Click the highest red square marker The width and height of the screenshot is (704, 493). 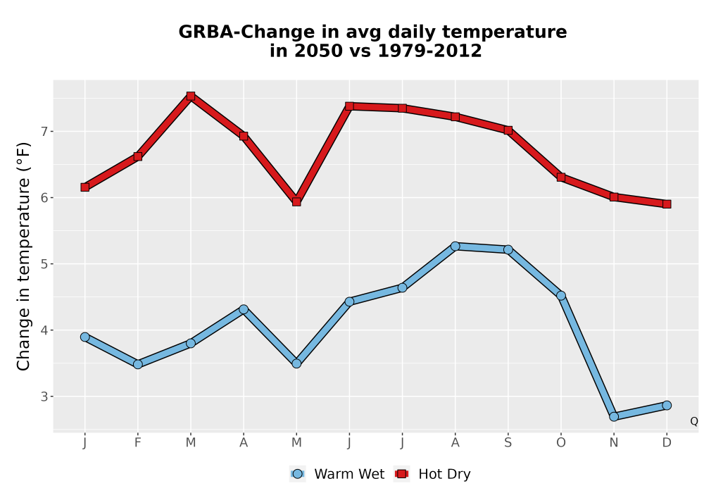tap(190, 96)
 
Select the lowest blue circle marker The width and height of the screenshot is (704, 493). tap(614, 417)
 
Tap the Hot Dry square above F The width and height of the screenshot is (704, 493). tap(138, 156)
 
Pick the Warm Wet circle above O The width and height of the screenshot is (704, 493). tap(561, 295)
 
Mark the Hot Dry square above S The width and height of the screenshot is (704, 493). tap(508, 130)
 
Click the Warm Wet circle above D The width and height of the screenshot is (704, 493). tap(667, 406)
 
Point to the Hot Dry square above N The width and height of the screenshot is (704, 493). tap(614, 196)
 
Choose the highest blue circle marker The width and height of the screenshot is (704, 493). tap(455, 246)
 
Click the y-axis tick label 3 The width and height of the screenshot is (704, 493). tap(44, 397)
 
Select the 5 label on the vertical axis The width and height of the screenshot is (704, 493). tap(44, 264)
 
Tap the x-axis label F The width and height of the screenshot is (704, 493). tap(138, 443)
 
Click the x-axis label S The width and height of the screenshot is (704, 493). tap(508, 443)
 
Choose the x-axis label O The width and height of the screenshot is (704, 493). tap(561, 443)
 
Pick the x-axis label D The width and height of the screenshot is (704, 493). tap(667, 443)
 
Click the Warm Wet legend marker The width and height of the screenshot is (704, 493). tap(297, 474)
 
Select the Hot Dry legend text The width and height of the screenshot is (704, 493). tap(444, 474)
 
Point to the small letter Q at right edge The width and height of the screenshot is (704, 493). tap(694, 421)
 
